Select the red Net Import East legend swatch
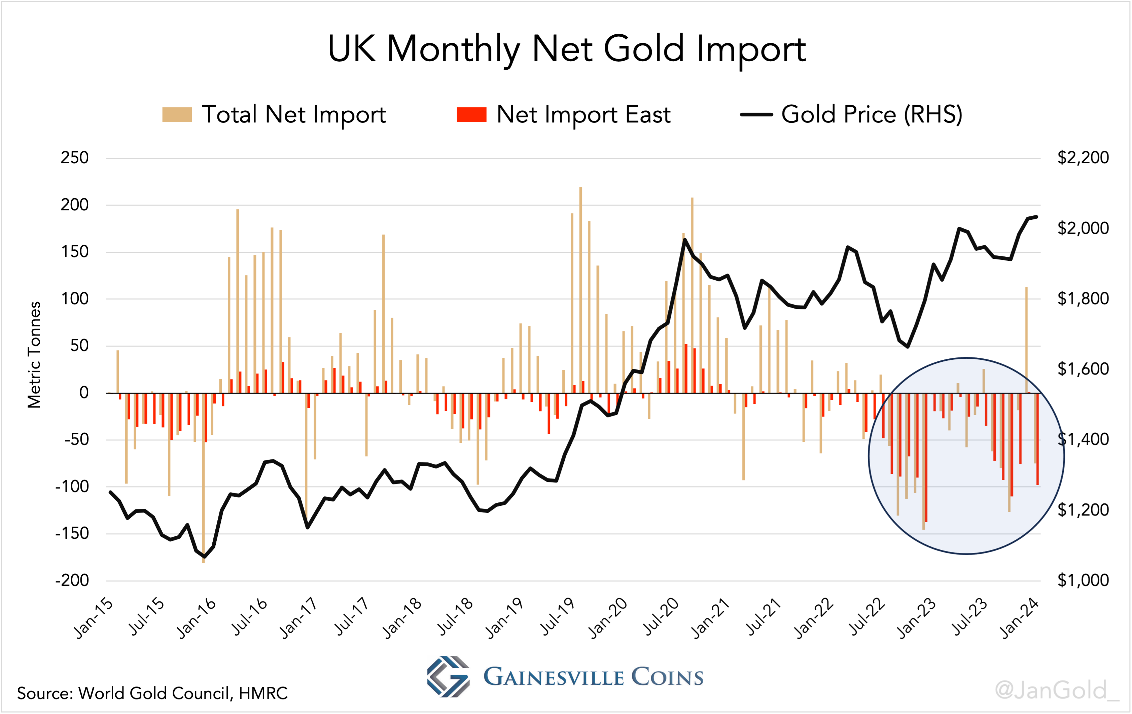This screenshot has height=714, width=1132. [471, 115]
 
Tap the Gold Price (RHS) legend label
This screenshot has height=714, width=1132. [872, 115]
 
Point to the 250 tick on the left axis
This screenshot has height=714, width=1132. [74, 157]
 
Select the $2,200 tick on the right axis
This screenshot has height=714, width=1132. [1083, 157]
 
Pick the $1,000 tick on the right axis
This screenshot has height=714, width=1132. [1083, 580]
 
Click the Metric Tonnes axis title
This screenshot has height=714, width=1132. [34, 355]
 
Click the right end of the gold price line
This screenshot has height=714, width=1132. [1036, 217]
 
